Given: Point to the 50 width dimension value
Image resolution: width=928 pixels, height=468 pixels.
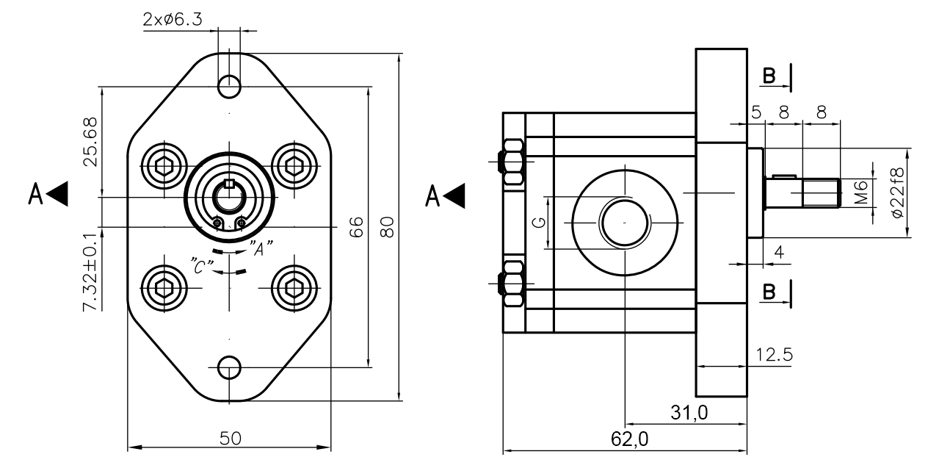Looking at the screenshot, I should pos(230,438).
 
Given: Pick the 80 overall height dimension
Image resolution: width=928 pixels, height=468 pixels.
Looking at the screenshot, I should pos(389,227).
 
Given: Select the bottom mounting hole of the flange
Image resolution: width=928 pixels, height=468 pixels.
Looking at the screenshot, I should pos(230,366).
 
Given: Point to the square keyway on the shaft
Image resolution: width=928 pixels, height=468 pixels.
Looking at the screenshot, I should pos(228,184).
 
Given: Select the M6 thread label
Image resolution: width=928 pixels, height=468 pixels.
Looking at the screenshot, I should pos(862,192).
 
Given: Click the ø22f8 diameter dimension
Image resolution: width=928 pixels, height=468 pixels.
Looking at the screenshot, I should pos(898,192).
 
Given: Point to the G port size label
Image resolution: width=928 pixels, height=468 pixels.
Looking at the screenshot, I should pos(539,223).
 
